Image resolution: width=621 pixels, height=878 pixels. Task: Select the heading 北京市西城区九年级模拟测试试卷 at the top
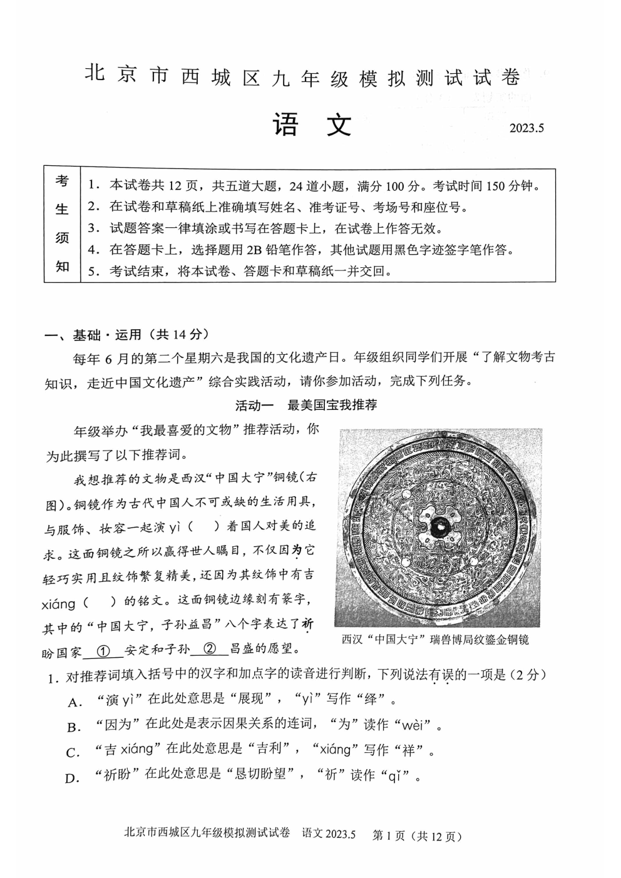(302, 78)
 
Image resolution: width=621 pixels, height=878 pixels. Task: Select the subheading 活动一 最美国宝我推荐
(305, 405)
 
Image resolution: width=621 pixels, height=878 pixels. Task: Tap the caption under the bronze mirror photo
(435, 639)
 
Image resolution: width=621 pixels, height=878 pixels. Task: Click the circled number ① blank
(104, 651)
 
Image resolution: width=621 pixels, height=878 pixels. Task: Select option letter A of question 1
(74, 702)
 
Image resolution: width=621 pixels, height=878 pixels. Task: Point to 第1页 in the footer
(389, 835)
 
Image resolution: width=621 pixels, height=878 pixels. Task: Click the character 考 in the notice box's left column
(62, 181)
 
